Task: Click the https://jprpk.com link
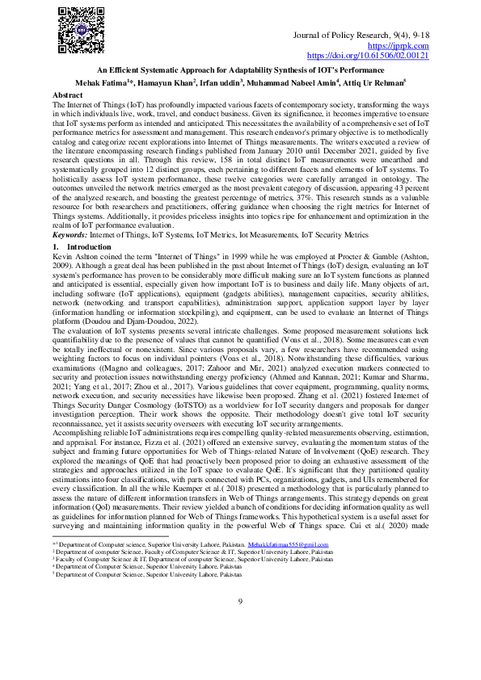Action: [404, 47]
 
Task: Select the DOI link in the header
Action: [369, 57]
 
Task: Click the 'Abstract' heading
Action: [67, 94]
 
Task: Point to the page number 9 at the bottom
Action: [240, 623]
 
